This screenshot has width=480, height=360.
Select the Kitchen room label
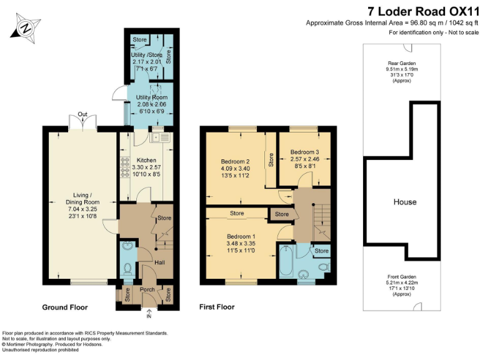(146, 160)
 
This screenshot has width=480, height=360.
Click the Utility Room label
(149, 97)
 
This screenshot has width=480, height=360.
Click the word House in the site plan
(404, 202)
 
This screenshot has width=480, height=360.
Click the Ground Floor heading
(64, 307)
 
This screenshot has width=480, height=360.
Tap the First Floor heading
(216, 307)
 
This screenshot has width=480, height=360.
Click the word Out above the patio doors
(82, 114)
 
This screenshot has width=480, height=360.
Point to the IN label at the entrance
(148, 317)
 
